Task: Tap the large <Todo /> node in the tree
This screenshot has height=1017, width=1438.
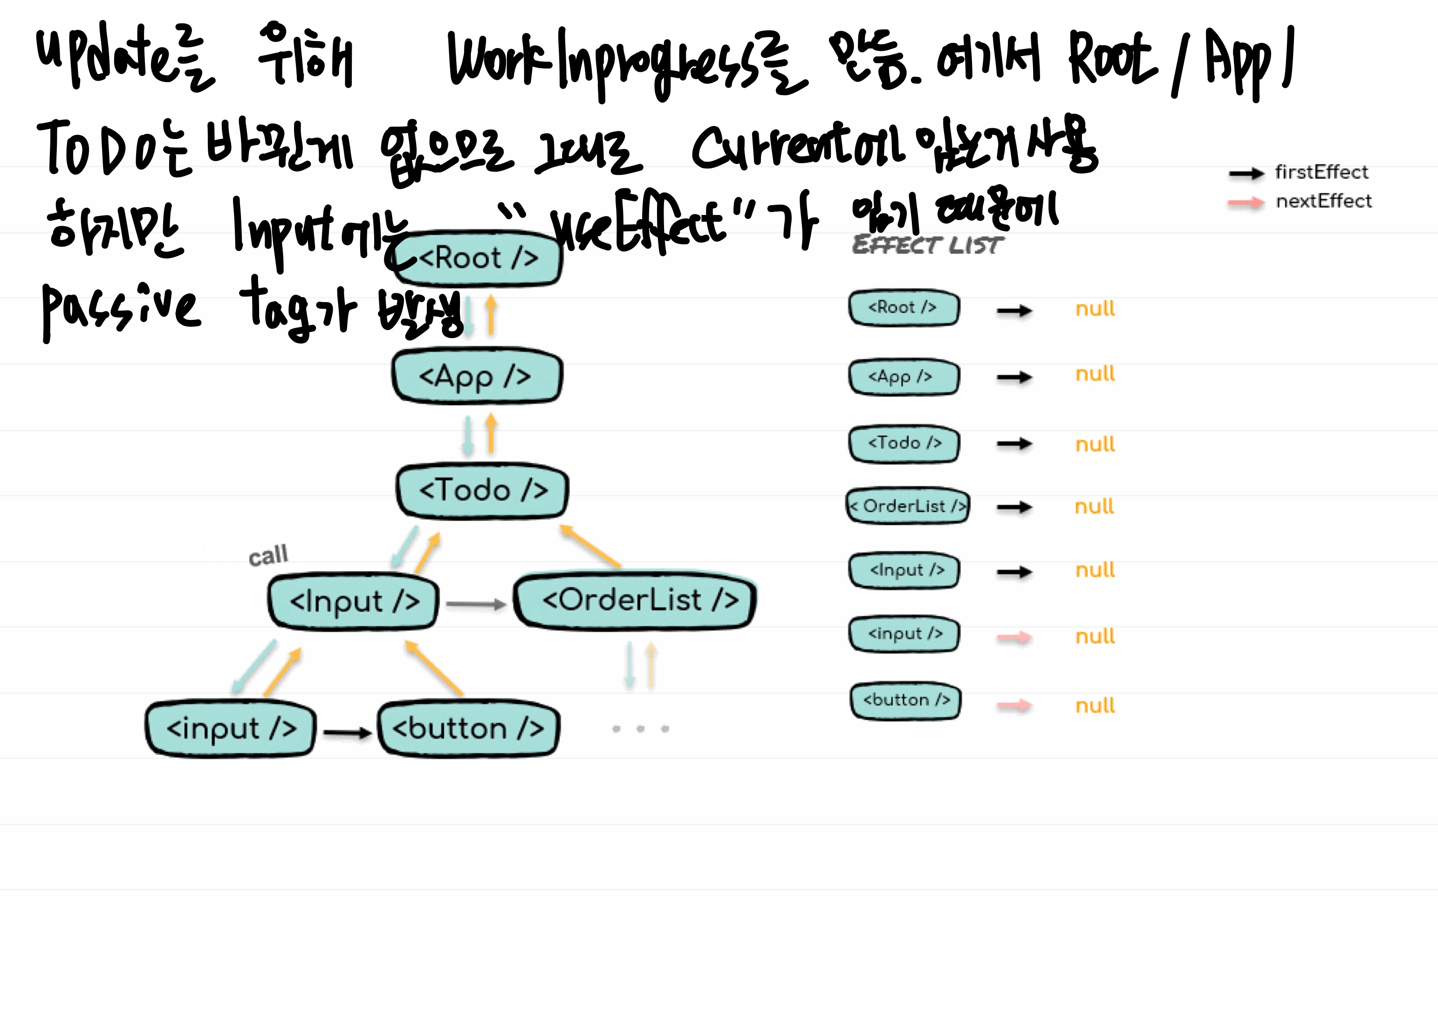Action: [482, 491]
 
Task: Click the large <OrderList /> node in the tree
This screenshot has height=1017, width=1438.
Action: [636, 600]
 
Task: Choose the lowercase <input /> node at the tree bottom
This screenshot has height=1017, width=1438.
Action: [231, 728]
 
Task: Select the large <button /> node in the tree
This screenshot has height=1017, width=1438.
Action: [468, 728]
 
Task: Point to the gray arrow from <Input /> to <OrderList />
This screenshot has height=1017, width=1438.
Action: [475, 604]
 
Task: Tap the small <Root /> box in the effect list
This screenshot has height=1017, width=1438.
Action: [903, 308]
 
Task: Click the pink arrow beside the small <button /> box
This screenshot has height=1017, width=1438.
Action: [1014, 706]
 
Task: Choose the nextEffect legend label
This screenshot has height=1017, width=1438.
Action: [1323, 201]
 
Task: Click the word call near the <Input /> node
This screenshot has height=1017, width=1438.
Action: [268, 555]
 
